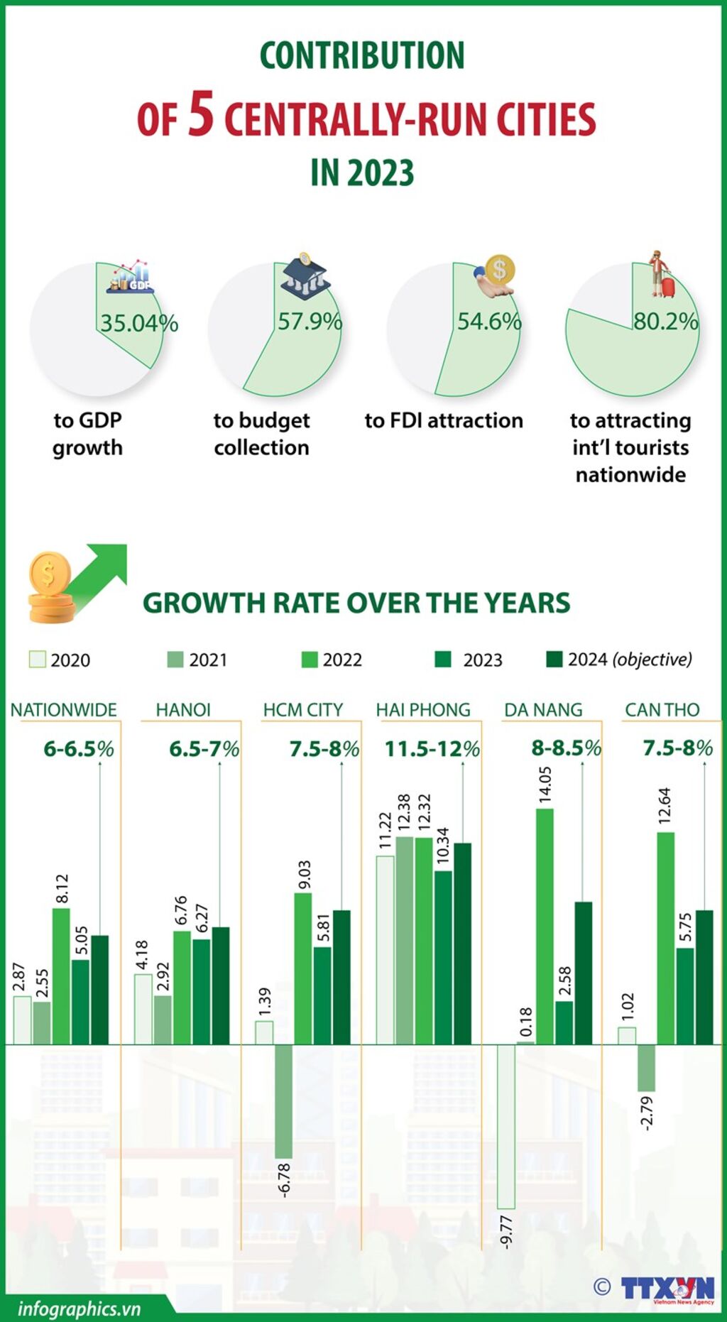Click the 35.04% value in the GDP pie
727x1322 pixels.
(x=138, y=323)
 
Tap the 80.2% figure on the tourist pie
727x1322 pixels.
(x=665, y=321)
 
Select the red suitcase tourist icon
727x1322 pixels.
(x=663, y=275)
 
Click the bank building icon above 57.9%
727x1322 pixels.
(x=305, y=276)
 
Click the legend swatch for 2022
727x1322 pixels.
(x=310, y=660)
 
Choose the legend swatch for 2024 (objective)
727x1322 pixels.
(x=554, y=660)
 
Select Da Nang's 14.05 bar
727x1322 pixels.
(x=545, y=926)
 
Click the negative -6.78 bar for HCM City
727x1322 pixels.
(x=283, y=1100)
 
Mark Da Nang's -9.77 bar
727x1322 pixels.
(x=506, y=1126)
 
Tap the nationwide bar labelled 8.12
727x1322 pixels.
(x=61, y=976)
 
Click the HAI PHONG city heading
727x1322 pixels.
(x=423, y=710)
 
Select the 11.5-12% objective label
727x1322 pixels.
(x=432, y=749)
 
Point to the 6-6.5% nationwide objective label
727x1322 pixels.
(x=78, y=748)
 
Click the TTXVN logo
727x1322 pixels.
(x=667, y=1288)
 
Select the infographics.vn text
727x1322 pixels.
(x=79, y=1309)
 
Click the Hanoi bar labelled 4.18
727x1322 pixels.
(x=143, y=1008)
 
